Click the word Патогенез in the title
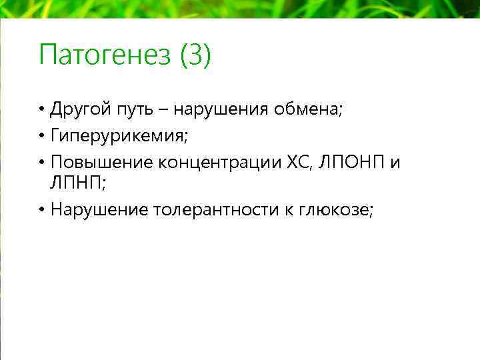(x=105, y=55)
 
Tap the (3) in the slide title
(x=195, y=55)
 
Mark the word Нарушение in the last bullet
(x=99, y=210)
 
